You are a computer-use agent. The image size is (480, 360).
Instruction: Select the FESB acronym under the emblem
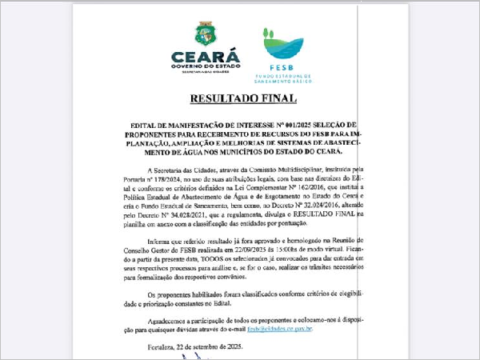[x=282, y=69]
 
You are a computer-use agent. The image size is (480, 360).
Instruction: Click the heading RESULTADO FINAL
[x=242, y=99]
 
